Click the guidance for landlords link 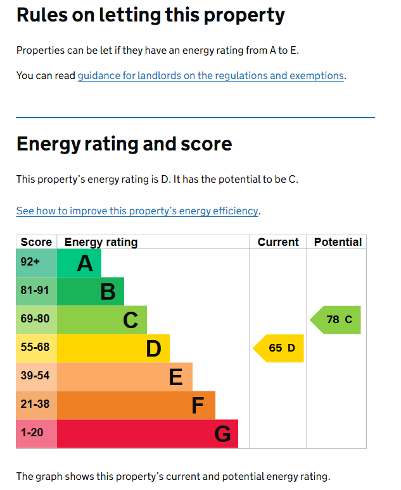(x=210, y=76)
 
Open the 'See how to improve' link (x=137, y=211)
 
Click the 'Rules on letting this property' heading (x=150, y=15)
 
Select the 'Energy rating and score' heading (x=124, y=144)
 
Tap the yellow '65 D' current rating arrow (x=279, y=348)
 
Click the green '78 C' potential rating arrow (x=336, y=320)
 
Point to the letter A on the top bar (x=85, y=263)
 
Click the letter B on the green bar (x=108, y=291)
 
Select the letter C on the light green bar (x=130, y=320)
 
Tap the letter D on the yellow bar (x=153, y=348)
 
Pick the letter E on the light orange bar (x=175, y=377)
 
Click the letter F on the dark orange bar (x=198, y=405)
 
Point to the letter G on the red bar (x=222, y=434)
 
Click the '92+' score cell (x=30, y=262)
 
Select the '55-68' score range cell (x=35, y=348)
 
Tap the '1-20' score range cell (x=32, y=433)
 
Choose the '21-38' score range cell (x=35, y=405)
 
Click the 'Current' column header (x=278, y=242)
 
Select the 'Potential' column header (x=338, y=242)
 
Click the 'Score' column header (x=36, y=242)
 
